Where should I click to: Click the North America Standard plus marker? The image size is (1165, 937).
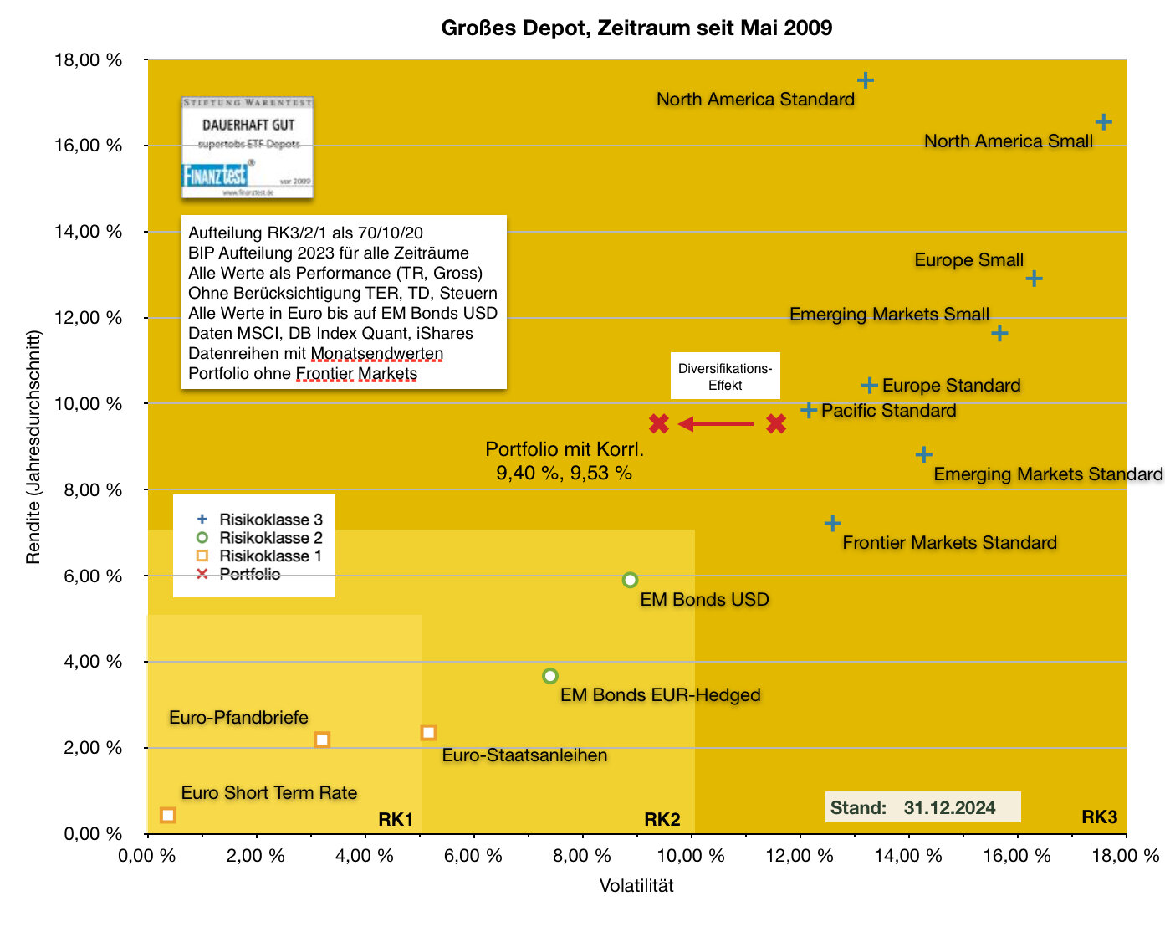pos(866,80)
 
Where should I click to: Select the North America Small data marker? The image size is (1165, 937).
pos(1103,122)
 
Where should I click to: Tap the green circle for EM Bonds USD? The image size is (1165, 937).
pos(631,580)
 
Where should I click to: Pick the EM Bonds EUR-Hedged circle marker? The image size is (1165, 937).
pos(549,676)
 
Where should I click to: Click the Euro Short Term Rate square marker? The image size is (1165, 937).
pos(168,815)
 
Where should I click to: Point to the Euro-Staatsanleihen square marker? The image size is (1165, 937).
pos(428,733)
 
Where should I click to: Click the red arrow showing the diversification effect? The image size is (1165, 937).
pos(717,424)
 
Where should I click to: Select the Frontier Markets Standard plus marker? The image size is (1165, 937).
pos(832,524)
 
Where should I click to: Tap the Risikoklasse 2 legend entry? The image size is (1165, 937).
pos(270,538)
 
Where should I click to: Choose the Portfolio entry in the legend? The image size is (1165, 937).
pos(249,574)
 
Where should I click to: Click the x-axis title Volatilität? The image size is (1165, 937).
pos(636,885)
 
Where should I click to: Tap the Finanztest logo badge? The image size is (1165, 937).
pos(248,148)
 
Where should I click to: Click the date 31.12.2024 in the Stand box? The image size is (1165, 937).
pos(949,807)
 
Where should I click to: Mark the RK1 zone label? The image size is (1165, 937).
pos(396,819)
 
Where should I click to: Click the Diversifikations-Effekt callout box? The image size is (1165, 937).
pos(725,376)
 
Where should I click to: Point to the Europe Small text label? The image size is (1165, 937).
pos(968,260)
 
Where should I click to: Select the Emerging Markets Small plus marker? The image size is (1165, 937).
pos(999,333)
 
